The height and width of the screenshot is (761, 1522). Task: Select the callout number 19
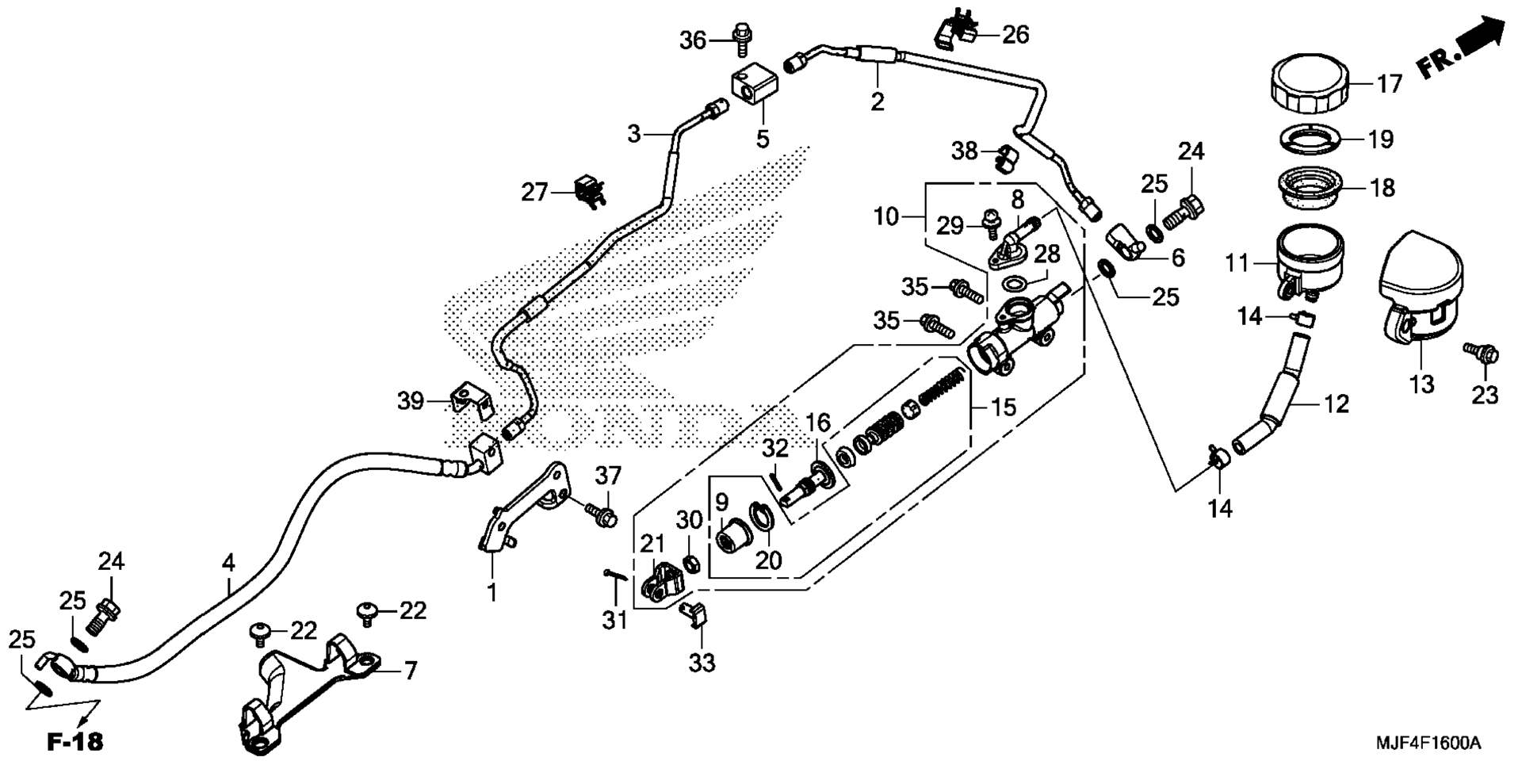point(1380,140)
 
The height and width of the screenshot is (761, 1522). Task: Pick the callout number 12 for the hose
point(1337,403)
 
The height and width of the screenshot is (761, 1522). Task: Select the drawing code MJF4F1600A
point(1428,743)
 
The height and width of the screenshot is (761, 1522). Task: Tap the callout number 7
point(410,671)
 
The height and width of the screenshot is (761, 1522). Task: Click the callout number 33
point(702,662)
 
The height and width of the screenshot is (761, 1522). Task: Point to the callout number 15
point(1003,407)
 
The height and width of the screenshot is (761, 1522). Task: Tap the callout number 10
point(887,216)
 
